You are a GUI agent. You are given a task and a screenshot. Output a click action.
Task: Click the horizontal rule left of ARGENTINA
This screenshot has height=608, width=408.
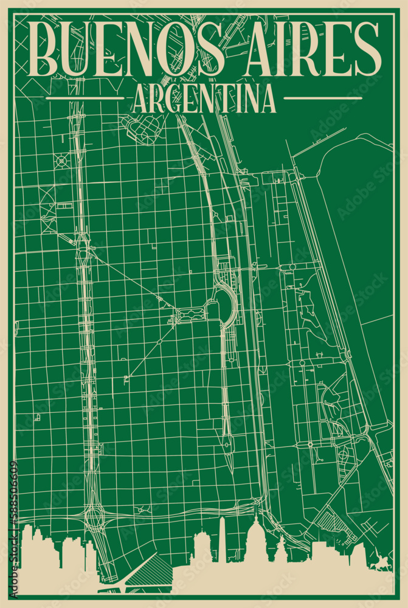point(85,98)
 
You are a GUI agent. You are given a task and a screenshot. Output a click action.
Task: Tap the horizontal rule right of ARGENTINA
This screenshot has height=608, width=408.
point(323,98)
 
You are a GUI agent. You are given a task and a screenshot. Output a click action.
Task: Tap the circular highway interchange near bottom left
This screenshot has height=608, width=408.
point(95,517)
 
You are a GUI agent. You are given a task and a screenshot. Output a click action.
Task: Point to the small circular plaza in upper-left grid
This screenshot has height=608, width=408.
point(61,161)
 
